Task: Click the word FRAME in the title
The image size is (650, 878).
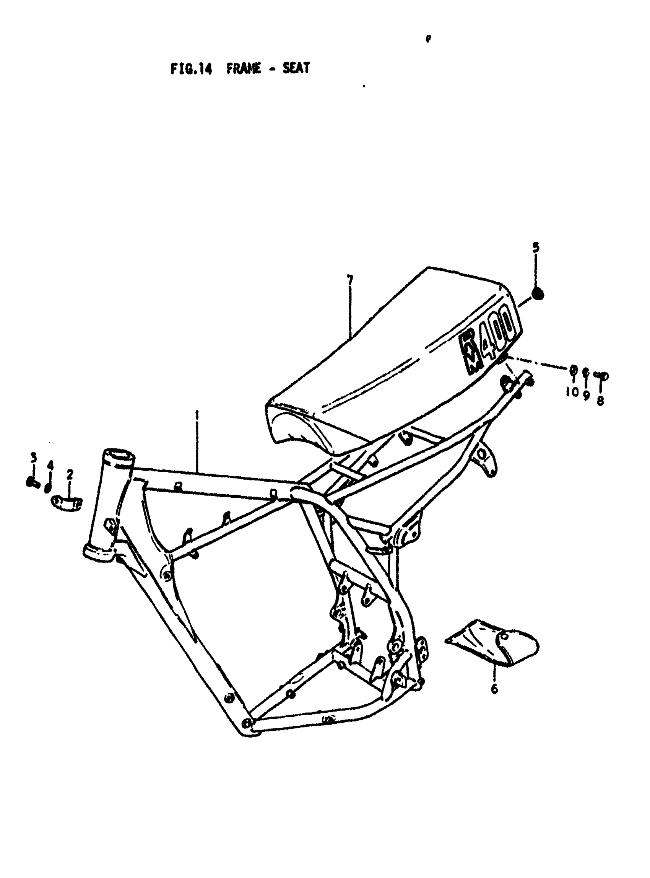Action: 244,68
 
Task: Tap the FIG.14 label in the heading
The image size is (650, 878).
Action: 191,69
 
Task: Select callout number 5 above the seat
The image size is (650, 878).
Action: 536,248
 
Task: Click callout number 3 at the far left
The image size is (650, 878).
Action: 33,458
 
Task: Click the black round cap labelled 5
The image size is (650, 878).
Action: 538,294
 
